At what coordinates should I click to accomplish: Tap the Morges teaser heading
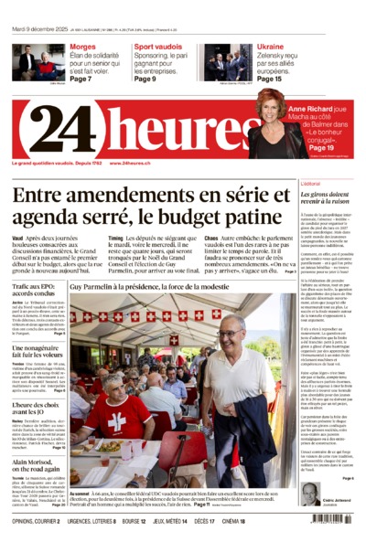83,46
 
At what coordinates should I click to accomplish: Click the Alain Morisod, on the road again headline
38,465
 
